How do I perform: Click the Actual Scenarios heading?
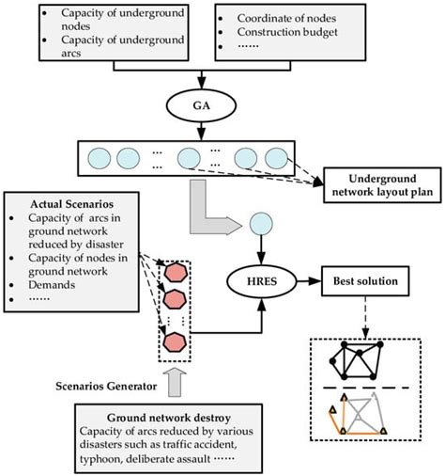point(64,205)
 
